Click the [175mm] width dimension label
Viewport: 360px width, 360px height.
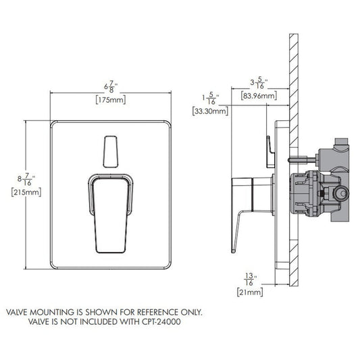[x=111, y=100]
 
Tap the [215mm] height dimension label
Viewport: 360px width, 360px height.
[x=26, y=192]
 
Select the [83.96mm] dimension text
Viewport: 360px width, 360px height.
[x=259, y=95]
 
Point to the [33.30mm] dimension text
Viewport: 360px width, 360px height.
[x=210, y=111]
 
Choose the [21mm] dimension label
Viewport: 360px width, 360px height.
[x=250, y=292]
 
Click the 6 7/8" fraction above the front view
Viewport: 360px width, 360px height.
[x=111, y=86]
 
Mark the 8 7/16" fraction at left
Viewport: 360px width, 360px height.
[x=26, y=179]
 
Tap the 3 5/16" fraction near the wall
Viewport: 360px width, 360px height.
[x=259, y=82]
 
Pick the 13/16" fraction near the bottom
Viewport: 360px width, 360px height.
[x=250, y=279]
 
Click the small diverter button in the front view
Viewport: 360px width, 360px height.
[x=111, y=152]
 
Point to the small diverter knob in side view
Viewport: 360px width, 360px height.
[x=270, y=152]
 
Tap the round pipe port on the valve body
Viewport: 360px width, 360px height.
[x=342, y=194]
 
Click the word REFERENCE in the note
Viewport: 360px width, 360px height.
[x=157, y=312]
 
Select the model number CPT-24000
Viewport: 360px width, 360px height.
[x=161, y=322]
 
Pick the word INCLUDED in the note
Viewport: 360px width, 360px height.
[x=99, y=322]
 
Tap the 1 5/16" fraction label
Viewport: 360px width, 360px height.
[x=211, y=98]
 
